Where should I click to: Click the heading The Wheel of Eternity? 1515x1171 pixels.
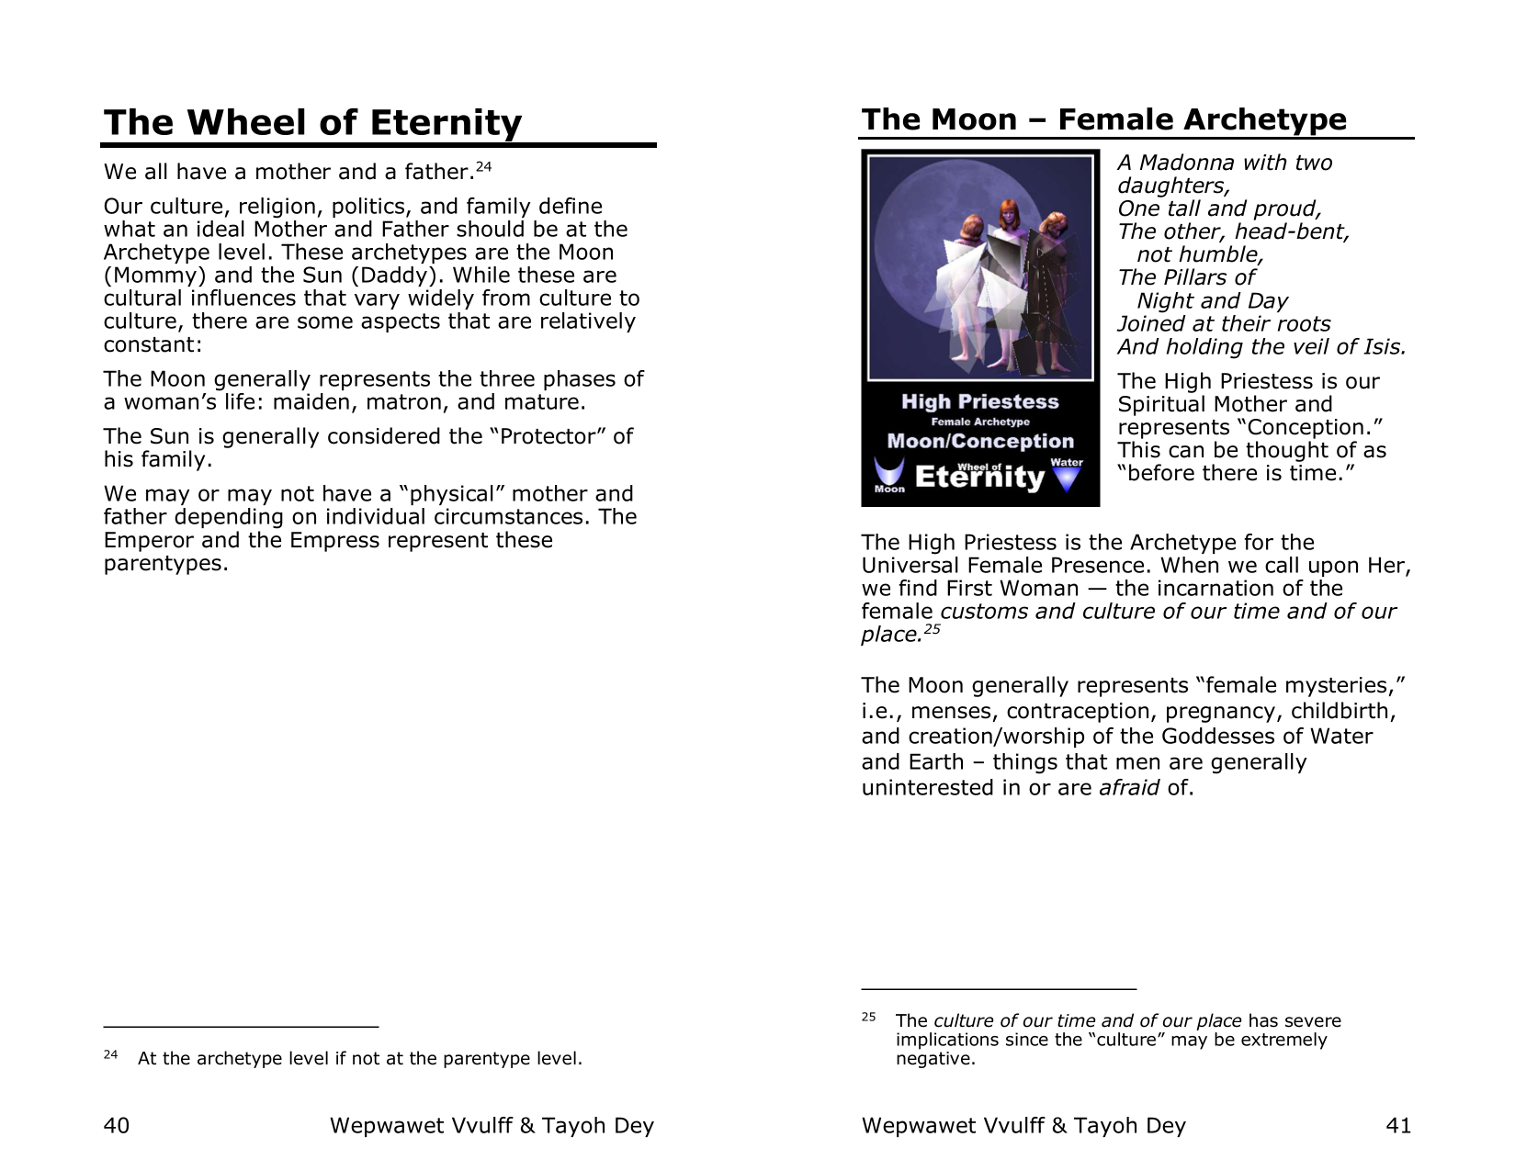pos(312,123)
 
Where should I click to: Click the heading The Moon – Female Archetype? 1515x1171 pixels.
pos(1103,119)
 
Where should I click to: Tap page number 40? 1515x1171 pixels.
pos(117,1125)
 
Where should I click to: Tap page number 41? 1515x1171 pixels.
pos(1397,1125)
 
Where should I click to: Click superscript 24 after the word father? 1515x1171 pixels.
pos(484,166)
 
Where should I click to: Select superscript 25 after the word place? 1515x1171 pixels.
pos(933,629)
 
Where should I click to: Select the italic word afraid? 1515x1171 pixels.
pos(1128,787)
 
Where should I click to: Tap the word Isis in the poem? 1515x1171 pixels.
pos(1382,347)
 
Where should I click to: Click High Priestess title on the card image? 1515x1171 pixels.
pos(979,401)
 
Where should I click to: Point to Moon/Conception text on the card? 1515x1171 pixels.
pos(979,441)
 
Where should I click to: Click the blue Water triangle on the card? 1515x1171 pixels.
pos(1066,479)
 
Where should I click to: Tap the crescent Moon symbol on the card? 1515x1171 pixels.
pos(889,472)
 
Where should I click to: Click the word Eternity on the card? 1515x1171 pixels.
pos(979,478)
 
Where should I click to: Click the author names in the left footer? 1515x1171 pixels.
pos(492,1125)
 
